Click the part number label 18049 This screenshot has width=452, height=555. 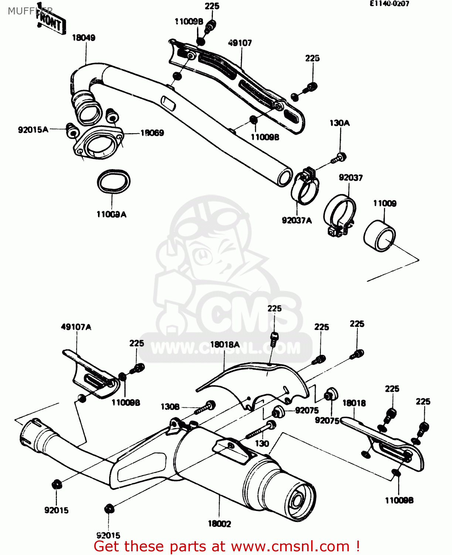point(84,38)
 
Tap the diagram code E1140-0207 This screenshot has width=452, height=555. point(389,4)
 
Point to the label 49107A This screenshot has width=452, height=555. point(76,327)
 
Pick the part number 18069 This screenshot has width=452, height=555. point(152,133)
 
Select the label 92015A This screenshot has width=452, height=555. point(33,129)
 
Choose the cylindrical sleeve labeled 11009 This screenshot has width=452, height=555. point(380,236)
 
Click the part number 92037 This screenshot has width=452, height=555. point(351,178)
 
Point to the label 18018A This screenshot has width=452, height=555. point(225,344)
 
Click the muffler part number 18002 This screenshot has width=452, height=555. point(219,524)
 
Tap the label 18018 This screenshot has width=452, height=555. point(354,403)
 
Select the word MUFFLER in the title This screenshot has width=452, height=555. point(30,11)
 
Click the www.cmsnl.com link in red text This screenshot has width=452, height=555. point(290,546)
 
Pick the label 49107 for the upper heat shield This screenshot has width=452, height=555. point(240,43)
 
